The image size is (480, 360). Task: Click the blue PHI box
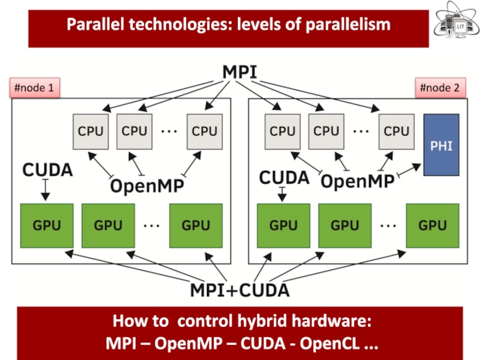coord(442,145)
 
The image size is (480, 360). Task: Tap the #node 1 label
coord(34,89)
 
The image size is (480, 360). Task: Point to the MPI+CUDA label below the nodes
coord(240,290)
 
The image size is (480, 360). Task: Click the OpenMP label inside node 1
coord(147,186)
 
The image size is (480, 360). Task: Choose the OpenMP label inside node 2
coord(358,181)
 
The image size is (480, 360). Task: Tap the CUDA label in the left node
coord(47,170)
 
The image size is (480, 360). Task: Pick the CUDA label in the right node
coord(284,178)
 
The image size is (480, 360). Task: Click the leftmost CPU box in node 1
coord(91,131)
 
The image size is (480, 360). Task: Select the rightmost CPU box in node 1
coord(205,131)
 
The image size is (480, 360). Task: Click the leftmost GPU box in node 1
coord(47,226)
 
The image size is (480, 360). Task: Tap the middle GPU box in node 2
coord(344,226)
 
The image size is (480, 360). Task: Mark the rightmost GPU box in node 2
coord(433,226)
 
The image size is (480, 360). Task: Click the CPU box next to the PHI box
coord(397,131)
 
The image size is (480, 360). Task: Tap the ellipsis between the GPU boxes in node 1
coord(152,226)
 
